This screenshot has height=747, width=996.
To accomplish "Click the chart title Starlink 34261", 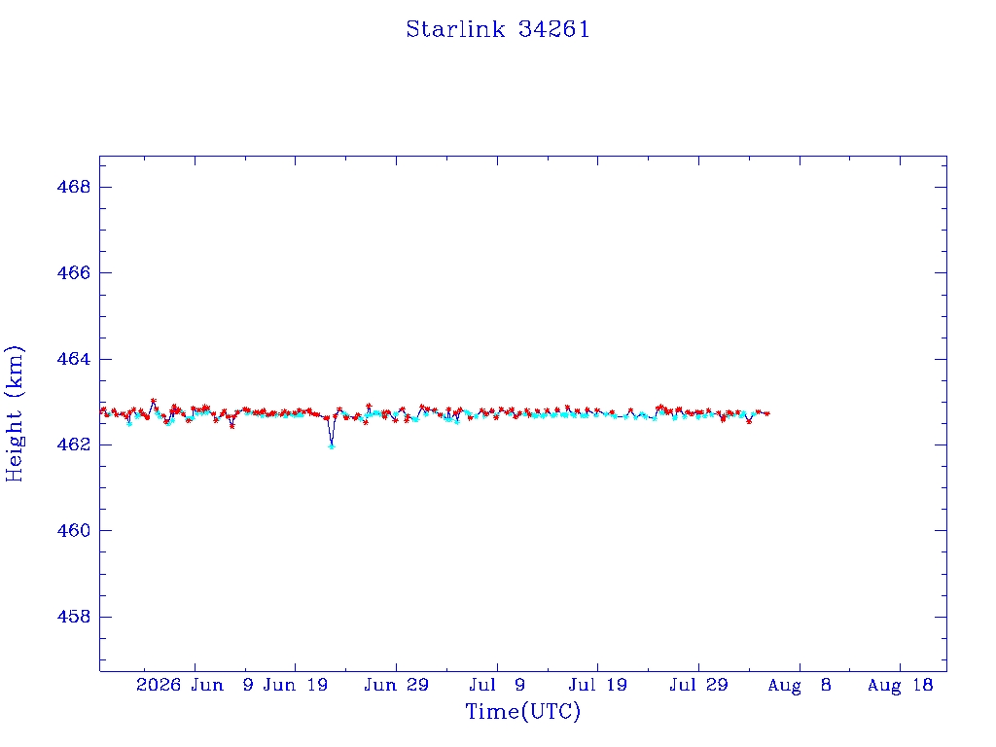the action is click(x=498, y=29).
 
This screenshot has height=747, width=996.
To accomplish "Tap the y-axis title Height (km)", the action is click(x=14, y=413).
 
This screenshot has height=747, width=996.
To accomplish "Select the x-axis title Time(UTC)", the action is click(x=522, y=711).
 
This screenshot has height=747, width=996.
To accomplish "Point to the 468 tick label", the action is click(x=74, y=187).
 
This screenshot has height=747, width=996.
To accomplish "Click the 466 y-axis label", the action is click(x=74, y=272).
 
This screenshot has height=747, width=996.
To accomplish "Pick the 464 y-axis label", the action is click(x=74, y=359).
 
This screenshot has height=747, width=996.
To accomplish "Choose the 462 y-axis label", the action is click(x=74, y=445).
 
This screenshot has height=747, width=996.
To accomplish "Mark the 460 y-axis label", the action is click(x=74, y=530).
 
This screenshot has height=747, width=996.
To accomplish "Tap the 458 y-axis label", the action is click(x=74, y=616).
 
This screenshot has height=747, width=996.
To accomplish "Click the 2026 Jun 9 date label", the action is click(x=195, y=685).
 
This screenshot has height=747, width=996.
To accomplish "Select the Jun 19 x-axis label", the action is click(x=296, y=685).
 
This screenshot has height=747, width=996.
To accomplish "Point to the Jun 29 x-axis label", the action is click(x=397, y=685).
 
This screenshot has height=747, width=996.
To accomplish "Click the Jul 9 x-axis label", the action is click(x=497, y=685).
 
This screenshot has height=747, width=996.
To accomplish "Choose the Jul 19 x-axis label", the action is click(x=598, y=685).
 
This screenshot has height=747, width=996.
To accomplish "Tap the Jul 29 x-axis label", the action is click(x=698, y=685).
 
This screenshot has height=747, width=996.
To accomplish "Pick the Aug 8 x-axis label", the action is click(x=800, y=686).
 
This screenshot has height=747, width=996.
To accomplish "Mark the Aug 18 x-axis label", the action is click(x=900, y=686).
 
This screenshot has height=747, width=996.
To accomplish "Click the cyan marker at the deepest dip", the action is click(x=332, y=446).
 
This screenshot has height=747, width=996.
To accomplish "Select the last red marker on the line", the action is click(x=767, y=413).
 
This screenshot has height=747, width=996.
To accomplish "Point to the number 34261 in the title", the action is click(x=553, y=29).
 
